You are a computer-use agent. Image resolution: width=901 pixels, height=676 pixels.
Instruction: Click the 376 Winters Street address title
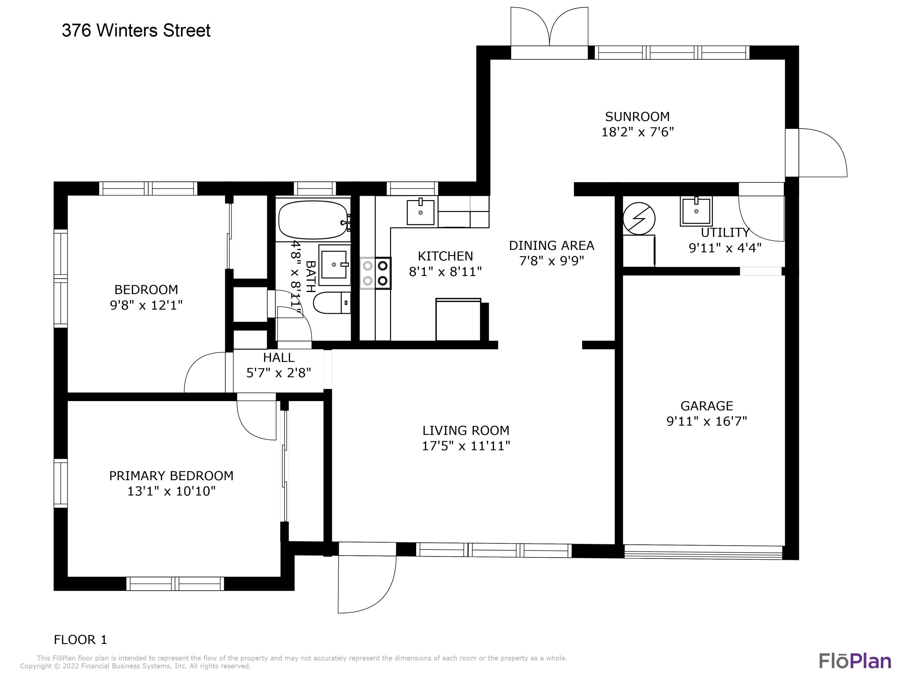136,31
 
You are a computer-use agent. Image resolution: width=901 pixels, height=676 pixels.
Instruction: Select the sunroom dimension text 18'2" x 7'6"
638,132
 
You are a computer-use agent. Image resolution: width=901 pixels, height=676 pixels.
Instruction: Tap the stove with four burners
375,273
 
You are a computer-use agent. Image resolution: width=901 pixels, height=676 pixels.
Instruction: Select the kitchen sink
420,212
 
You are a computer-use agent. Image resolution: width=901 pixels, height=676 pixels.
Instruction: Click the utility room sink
696,211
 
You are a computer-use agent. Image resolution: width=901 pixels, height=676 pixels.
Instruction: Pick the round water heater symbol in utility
639,219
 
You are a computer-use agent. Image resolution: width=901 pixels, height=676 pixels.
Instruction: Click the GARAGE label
707,406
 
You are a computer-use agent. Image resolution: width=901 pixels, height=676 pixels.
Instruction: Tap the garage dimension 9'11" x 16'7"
707,421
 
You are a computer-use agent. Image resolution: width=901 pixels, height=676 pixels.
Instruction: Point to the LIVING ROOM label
466,430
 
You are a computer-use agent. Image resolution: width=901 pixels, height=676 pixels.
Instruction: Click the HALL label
279,357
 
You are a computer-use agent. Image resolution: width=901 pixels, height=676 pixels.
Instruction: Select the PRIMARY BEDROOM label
171,476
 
